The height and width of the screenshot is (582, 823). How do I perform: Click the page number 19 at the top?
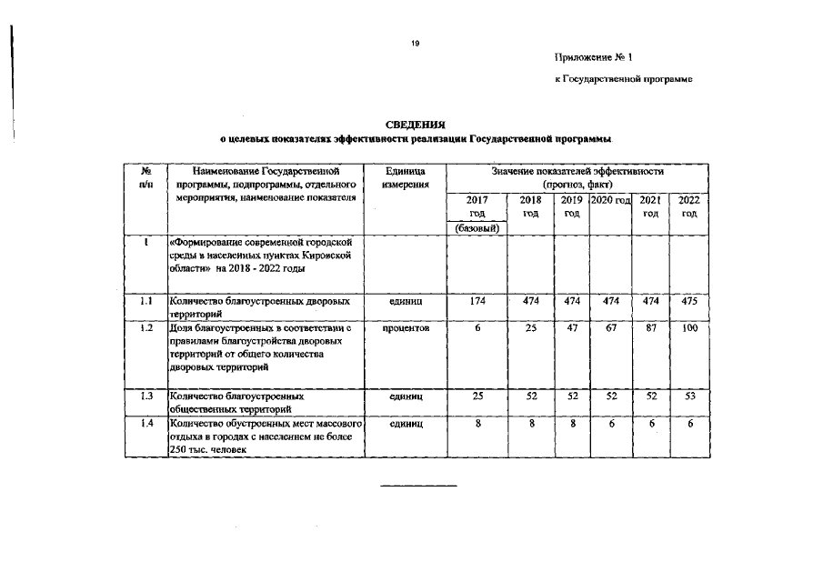point(415,42)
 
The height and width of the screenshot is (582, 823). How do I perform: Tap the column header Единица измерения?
point(399,178)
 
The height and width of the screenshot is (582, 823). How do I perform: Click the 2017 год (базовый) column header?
point(477,214)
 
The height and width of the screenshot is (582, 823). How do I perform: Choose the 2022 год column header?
point(688,206)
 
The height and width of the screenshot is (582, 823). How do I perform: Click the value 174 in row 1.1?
point(477,301)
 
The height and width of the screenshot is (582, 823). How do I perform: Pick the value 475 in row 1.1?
point(688,301)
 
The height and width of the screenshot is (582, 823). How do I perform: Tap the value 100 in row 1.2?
point(688,327)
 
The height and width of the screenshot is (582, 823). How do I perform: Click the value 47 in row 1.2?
point(571,327)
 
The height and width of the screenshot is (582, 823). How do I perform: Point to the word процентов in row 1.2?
point(399,327)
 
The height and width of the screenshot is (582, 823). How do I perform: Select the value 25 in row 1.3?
point(477,396)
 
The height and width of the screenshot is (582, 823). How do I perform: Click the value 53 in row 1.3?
point(688,396)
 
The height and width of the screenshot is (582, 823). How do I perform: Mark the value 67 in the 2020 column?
point(610,327)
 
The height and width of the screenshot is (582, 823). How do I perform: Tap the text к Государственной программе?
point(624,80)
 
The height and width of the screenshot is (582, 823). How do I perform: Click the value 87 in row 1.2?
point(650,327)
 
